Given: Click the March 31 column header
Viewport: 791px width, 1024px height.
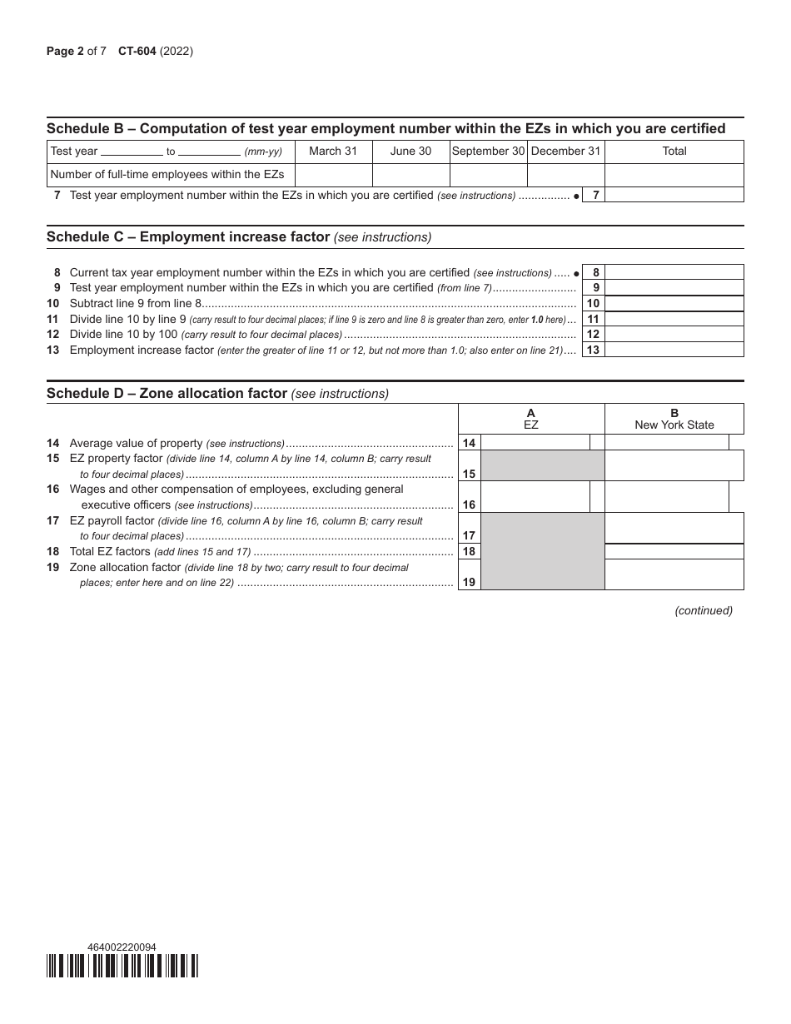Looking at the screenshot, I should [333, 152].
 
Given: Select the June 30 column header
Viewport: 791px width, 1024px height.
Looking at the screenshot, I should [410, 152].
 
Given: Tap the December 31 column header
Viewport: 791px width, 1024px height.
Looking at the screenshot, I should [565, 152].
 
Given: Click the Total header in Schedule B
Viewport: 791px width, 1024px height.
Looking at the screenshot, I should [674, 152].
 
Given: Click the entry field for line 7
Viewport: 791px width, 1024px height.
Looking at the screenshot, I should [674, 195].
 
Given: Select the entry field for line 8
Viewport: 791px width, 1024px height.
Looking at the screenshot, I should [674, 272].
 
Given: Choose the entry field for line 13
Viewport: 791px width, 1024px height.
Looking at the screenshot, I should [674, 350].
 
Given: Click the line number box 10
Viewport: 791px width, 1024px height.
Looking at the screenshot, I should [593, 304].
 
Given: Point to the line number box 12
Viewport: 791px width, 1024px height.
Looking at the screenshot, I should [593, 335].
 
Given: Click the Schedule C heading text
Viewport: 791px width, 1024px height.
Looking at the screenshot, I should [239, 237].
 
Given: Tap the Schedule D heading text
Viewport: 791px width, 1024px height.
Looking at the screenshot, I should [217, 393].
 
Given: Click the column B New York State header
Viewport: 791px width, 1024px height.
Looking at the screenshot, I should [674, 419].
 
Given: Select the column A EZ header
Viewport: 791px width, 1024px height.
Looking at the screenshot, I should [531, 419].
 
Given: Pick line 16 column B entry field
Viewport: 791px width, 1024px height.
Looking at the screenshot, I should [666, 497].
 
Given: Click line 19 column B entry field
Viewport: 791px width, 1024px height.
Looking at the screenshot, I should [674, 574].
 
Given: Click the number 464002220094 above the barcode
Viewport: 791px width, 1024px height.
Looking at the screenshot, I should [122, 947].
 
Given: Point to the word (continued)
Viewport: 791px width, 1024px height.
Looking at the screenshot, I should [704, 610].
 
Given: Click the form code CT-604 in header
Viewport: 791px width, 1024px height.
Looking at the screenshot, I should [137, 52].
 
